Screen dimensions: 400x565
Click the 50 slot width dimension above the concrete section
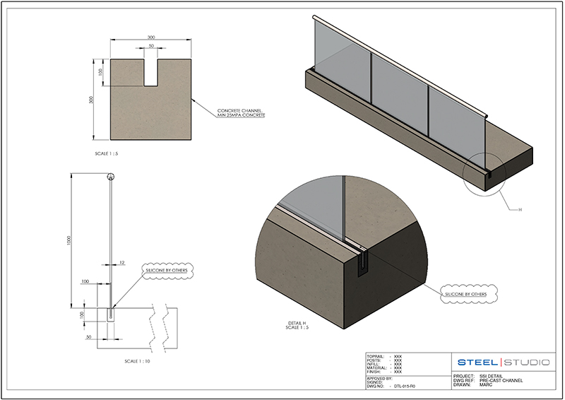(x=150, y=47)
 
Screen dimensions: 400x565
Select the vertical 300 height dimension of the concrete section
(x=91, y=100)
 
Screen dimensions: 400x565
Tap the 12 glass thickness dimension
(x=122, y=262)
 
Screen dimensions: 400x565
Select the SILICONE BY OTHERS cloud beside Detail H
(x=468, y=293)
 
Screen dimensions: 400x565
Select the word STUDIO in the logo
(x=527, y=363)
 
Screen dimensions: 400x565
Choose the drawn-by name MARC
(x=486, y=385)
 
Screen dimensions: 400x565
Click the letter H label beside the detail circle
(x=520, y=209)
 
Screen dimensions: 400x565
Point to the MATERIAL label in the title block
(x=378, y=367)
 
